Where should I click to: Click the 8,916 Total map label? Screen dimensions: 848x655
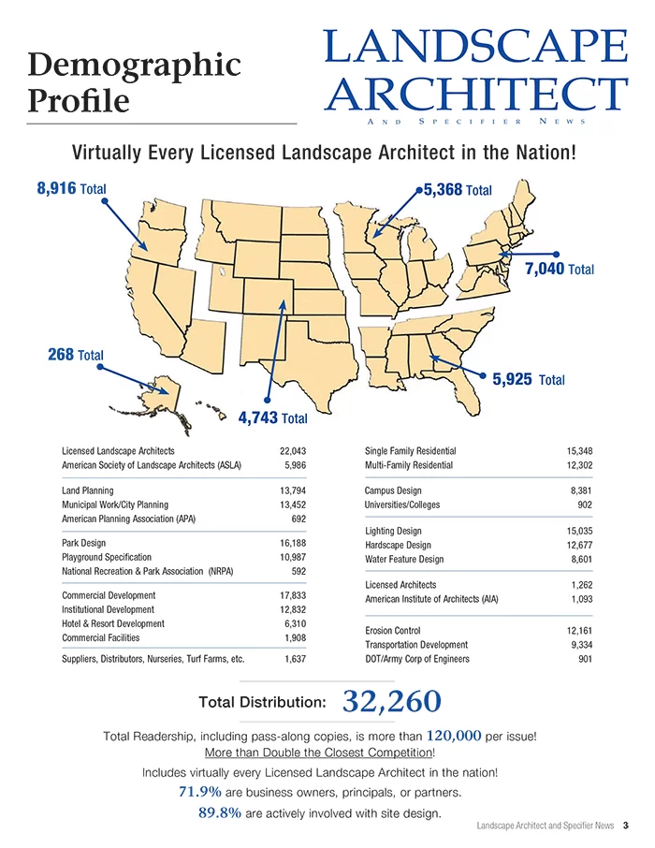71,188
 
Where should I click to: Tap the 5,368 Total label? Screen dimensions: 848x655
458,190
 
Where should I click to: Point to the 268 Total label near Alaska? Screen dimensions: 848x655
75,355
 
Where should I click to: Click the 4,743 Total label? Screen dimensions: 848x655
272,417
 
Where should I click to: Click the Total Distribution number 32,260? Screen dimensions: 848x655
386,700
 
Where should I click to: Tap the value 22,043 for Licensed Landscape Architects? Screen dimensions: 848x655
293,451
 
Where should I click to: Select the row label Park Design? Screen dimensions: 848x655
83,543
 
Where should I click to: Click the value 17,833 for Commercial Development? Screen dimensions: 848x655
293,595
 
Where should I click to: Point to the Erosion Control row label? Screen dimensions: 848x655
392,631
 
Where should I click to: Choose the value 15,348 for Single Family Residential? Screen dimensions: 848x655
579,451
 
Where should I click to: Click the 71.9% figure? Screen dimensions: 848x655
199,792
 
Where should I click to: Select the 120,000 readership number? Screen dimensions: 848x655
453,736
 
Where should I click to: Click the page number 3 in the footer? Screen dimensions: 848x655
625,825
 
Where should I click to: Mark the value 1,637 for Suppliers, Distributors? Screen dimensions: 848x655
295,659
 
